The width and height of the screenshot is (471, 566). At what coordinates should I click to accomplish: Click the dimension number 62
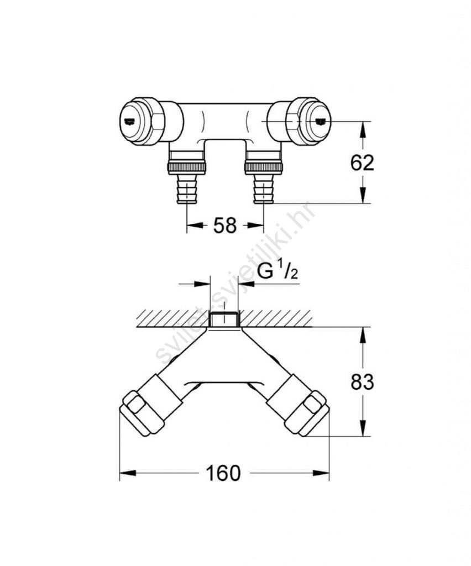[362, 163]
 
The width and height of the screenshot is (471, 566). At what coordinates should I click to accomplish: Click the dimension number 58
[225, 226]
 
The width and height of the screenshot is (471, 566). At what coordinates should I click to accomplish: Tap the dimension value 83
[362, 382]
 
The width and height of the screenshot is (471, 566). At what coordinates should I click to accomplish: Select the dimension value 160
[223, 473]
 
